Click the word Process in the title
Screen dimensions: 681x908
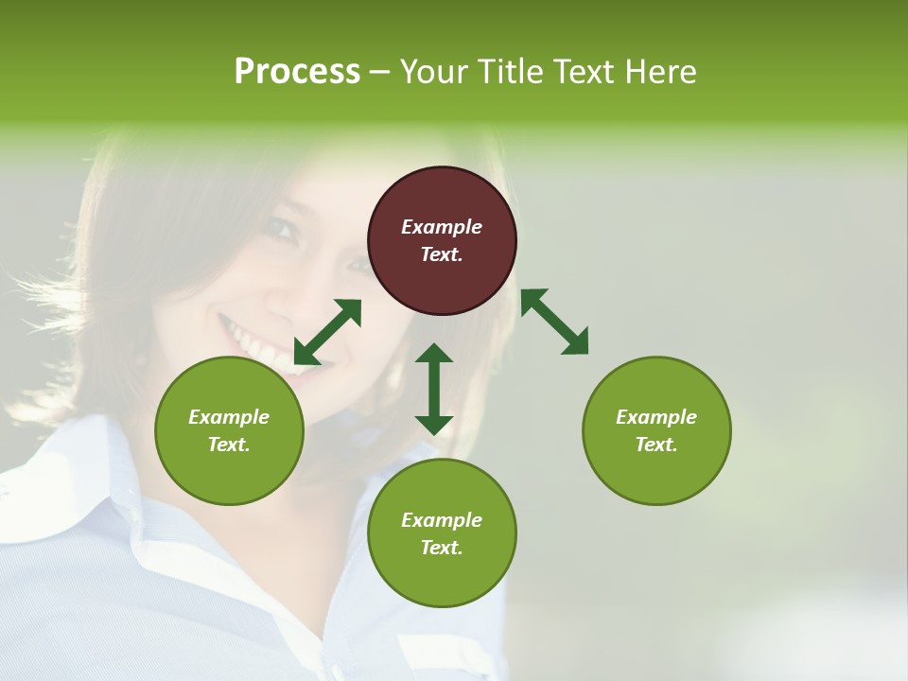[297, 72]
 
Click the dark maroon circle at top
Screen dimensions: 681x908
[442, 241]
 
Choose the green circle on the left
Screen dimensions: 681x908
[229, 430]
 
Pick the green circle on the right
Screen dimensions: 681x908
[656, 430]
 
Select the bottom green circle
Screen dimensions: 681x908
[442, 533]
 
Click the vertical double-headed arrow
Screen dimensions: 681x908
[434, 389]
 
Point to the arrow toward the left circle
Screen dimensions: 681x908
[327, 332]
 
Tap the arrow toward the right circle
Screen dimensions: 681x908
[554, 322]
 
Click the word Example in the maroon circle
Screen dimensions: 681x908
[442, 227]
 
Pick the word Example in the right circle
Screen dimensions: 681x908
[656, 417]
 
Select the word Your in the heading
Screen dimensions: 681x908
[431, 72]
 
